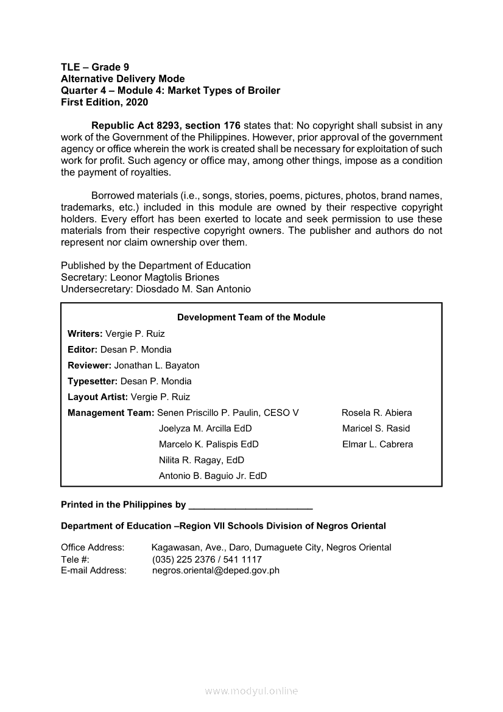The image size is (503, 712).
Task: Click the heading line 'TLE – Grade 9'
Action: (x=95, y=67)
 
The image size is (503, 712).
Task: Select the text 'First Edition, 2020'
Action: (x=104, y=102)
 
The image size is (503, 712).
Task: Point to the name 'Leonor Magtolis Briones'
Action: (x=169, y=277)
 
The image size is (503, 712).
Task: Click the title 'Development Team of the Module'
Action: (x=251, y=317)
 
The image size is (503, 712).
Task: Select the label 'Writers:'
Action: (x=85, y=334)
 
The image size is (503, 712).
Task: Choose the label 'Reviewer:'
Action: (x=90, y=365)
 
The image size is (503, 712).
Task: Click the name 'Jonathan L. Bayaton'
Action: (x=157, y=365)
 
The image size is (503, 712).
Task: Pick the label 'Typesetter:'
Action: (x=93, y=381)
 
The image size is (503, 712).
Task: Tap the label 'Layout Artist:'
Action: (x=98, y=397)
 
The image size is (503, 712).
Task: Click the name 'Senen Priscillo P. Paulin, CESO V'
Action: (x=228, y=413)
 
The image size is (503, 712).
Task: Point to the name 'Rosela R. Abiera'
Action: (x=377, y=413)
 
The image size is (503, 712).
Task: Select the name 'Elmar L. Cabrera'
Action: (x=378, y=445)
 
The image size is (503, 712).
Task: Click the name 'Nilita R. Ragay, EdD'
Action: (x=202, y=460)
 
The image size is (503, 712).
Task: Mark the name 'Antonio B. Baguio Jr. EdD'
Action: (x=213, y=476)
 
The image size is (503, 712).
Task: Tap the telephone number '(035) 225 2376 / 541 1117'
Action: (x=207, y=559)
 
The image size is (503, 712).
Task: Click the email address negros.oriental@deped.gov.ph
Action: (x=216, y=571)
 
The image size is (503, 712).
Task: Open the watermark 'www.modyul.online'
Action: (x=251, y=691)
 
